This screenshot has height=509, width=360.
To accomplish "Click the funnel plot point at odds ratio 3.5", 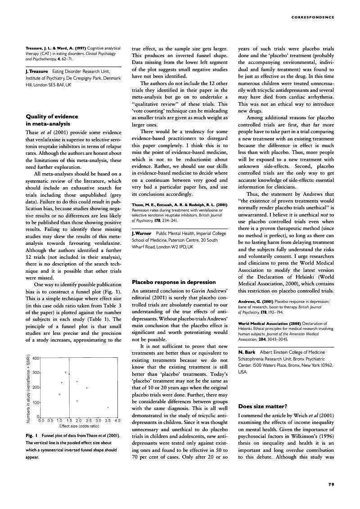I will (x=108, y=408).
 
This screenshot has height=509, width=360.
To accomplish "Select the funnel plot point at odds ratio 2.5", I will (x=87, y=388).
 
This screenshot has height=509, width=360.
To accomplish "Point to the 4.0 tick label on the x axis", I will (x=117, y=421).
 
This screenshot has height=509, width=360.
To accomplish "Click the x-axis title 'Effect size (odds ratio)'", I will (x=79, y=426).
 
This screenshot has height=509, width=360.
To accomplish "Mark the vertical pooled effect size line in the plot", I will (x=69, y=387).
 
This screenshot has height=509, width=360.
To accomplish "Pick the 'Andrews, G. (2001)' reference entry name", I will (x=255, y=302).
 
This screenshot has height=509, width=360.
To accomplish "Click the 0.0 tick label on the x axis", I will (x=41, y=421).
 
